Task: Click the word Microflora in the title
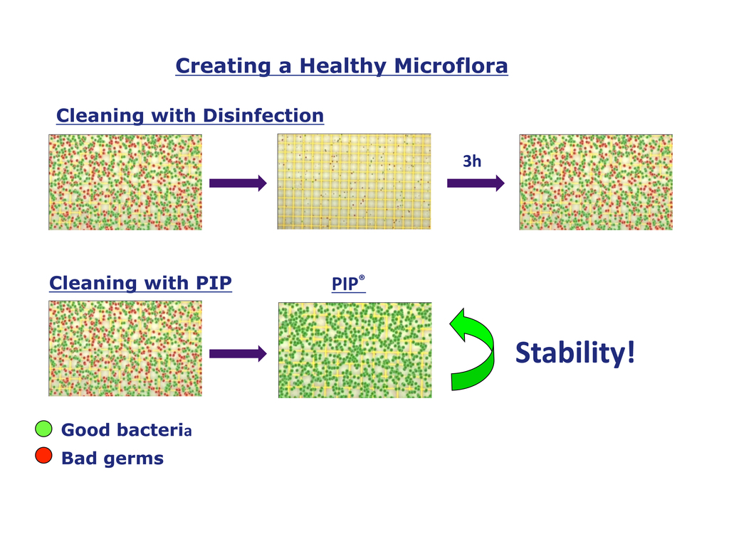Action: [x=451, y=65]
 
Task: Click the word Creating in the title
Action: [x=223, y=66]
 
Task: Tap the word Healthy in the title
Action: [x=342, y=66]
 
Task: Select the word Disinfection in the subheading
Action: [x=263, y=116]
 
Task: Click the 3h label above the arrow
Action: [x=472, y=161]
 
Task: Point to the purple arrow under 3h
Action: [x=476, y=183]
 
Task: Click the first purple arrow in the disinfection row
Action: [x=238, y=183]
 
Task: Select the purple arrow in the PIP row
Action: [x=238, y=354]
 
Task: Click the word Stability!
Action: [x=575, y=353]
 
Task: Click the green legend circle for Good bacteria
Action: [x=43, y=429]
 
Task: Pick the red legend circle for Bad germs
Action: [x=43, y=456]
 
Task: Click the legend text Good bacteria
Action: [x=127, y=430]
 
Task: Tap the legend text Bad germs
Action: [x=112, y=459]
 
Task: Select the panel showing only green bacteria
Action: [x=355, y=350]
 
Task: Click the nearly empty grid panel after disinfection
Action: [x=355, y=181]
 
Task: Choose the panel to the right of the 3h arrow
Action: [x=596, y=182]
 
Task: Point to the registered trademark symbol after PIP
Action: [x=362, y=278]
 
